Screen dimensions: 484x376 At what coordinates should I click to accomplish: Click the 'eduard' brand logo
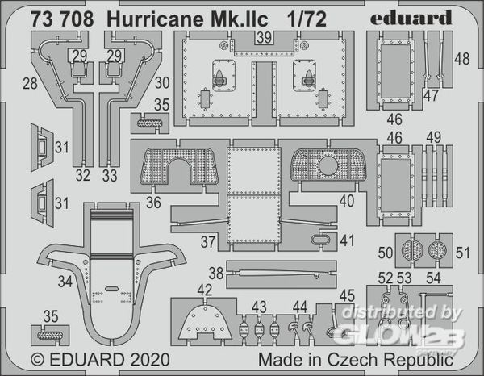click(x=411, y=18)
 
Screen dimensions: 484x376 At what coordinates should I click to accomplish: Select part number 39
click(x=265, y=38)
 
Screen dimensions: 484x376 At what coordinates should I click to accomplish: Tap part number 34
click(x=65, y=282)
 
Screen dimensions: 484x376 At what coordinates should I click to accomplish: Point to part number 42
click(x=205, y=290)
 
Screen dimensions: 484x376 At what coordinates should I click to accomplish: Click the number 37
click(x=208, y=242)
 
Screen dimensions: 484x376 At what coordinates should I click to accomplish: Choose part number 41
click(x=347, y=240)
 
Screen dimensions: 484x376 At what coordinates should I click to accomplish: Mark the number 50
click(x=386, y=253)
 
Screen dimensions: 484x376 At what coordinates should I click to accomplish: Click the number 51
click(x=463, y=253)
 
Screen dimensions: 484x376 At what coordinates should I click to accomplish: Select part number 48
click(x=462, y=59)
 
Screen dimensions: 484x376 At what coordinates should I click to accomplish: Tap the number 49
click(x=434, y=138)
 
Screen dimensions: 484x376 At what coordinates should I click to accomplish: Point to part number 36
click(x=153, y=203)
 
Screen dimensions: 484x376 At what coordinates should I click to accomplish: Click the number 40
click(x=347, y=201)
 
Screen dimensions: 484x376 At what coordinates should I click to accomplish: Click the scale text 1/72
click(x=307, y=19)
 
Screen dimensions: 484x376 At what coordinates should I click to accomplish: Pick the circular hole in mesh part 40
click(x=328, y=165)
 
